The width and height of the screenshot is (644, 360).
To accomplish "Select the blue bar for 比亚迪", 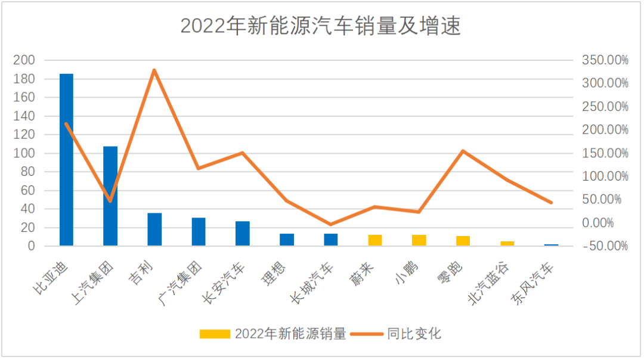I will coord(66,160).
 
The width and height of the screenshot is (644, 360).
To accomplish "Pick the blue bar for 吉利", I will coord(154,229).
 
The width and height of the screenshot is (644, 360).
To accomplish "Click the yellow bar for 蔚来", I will coord(375,240).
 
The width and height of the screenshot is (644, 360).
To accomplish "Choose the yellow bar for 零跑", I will coord(463,241).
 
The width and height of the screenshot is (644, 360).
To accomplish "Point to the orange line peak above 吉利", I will coord(154,70).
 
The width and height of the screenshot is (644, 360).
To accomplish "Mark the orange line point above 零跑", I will coord(463,151).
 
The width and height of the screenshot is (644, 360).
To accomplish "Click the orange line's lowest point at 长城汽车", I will coord(331,225).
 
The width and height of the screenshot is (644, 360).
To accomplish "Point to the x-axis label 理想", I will coord(274,273).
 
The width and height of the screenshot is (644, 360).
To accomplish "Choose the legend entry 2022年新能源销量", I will coord(273,334).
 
